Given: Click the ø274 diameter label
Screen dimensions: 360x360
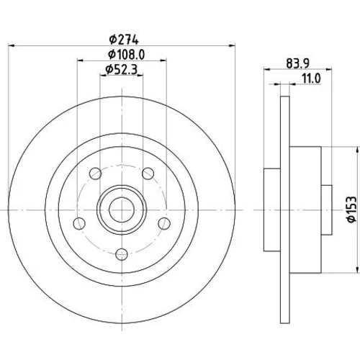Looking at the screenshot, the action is (x=124, y=40).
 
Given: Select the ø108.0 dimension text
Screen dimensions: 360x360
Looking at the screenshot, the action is (x=126, y=55).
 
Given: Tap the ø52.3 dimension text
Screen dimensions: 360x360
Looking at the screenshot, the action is (x=122, y=70).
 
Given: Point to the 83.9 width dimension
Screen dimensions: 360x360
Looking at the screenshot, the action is (x=297, y=63).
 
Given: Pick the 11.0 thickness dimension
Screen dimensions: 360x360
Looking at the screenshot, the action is (x=311, y=78).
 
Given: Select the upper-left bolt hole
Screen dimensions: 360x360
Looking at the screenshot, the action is (x=95, y=174).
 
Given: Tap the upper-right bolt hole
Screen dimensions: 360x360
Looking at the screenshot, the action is (x=148, y=174).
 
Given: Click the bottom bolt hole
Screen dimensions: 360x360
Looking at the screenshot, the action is (x=122, y=254).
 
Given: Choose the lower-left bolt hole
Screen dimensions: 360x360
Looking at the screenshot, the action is (x=79, y=223).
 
